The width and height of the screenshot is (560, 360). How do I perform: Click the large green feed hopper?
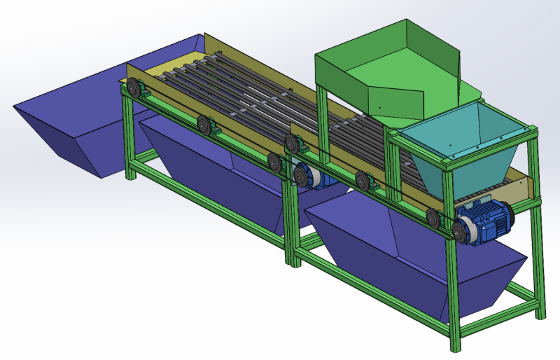pyautogui.click(x=392, y=77)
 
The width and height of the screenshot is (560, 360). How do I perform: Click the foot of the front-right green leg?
pyautogui.click(x=456, y=346)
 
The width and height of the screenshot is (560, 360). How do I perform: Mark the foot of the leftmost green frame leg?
pyautogui.click(x=131, y=175)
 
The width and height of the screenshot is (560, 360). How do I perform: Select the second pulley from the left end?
pyautogui.click(x=204, y=125)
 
